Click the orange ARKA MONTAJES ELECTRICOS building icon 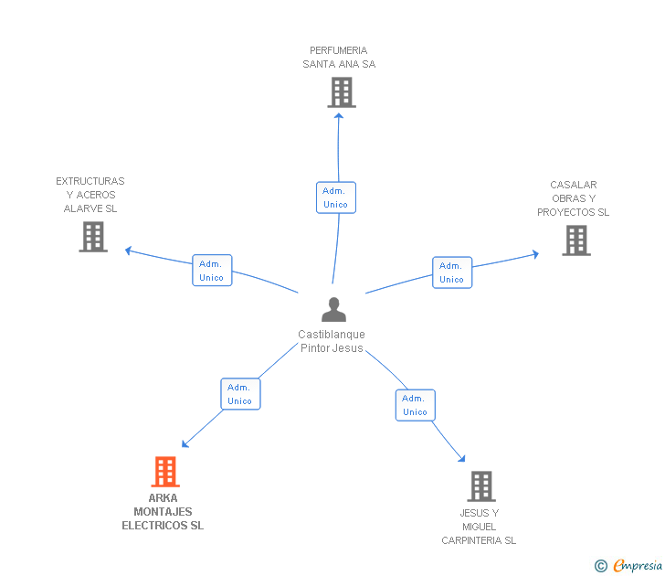point(165,472)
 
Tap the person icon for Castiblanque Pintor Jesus point(333,309)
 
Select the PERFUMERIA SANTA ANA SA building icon point(342,92)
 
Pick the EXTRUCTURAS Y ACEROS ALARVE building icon point(93,237)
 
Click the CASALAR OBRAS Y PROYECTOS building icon point(576,240)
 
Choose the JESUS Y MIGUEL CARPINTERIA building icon point(481,486)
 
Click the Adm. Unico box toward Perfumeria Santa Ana point(336,197)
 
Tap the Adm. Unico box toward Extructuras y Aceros point(212,271)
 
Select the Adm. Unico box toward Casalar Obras point(452,272)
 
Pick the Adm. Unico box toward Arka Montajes point(240,394)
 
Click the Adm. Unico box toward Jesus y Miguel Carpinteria point(416,405)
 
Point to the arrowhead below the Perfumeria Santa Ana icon point(338,115)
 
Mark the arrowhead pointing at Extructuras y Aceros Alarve point(129,251)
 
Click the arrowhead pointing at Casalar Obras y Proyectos point(535,254)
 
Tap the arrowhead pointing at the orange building point(185,444)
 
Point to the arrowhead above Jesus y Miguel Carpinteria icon point(462,458)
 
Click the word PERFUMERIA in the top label point(338,50)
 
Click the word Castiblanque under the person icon point(332,335)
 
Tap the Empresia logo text point(638,566)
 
